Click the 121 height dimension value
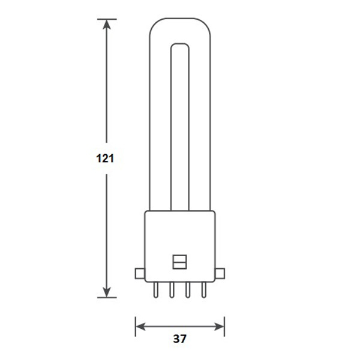point(106,158)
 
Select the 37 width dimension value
point(179,338)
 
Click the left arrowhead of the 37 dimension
point(140,327)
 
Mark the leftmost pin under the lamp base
point(155,290)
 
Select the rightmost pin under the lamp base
point(204,290)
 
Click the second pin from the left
point(172,290)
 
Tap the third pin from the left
point(188,290)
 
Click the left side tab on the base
point(139,274)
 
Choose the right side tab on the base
point(220,274)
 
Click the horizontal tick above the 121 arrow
point(107,19)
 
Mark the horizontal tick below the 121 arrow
point(107,298)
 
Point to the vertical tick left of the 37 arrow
point(135,327)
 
